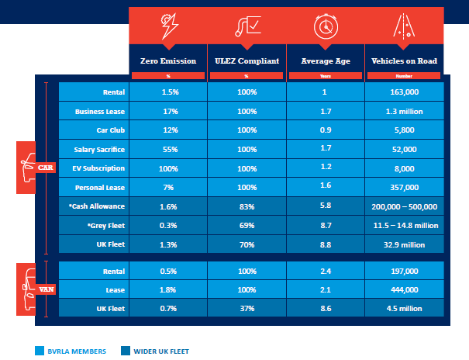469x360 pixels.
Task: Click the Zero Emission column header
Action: pyautogui.click(x=167, y=61)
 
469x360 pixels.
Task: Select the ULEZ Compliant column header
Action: pyautogui.click(x=247, y=61)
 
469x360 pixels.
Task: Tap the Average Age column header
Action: pyautogui.click(x=326, y=61)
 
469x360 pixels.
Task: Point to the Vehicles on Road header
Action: pyautogui.click(x=405, y=61)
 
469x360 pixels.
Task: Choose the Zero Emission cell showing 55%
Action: pyautogui.click(x=167, y=149)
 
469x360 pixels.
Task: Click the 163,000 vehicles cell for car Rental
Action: pyautogui.click(x=405, y=92)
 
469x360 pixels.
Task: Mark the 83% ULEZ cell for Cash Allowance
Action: pyautogui.click(x=247, y=206)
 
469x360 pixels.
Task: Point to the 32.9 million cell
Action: pyautogui.click(x=405, y=245)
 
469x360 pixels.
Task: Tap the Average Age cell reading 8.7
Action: pyautogui.click(x=326, y=226)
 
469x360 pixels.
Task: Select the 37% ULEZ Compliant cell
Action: pyautogui.click(x=247, y=309)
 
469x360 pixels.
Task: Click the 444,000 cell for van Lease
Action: pyautogui.click(x=405, y=289)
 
